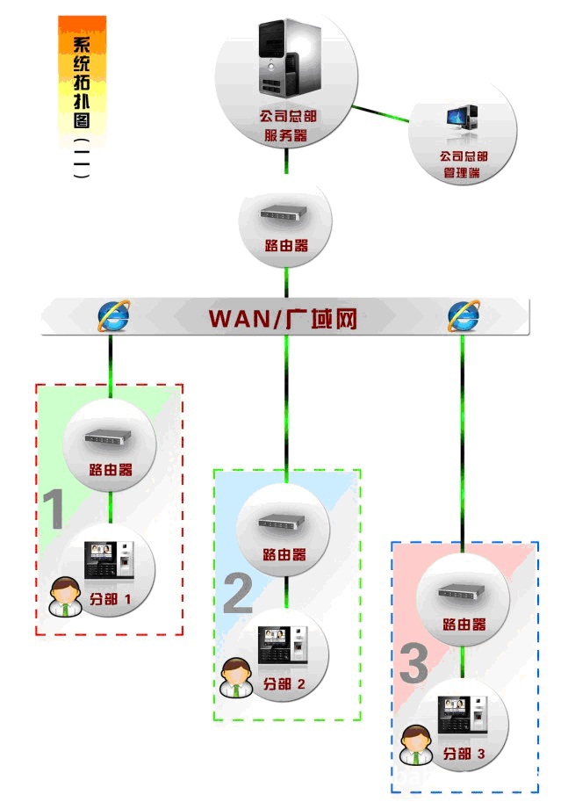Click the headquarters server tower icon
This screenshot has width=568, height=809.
pyautogui.click(x=290, y=58)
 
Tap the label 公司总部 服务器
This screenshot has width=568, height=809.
pyautogui.click(x=287, y=126)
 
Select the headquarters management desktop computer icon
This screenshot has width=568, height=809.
pyautogui.click(x=463, y=117)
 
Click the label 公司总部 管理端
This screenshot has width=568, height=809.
pyautogui.click(x=463, y=164)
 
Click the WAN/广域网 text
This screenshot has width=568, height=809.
pyautogui.click(x=283, y=318)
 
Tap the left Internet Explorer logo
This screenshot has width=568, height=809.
pyautogui.click(x=114, y=315)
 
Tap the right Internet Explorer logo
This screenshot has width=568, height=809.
pyautogui.click(x=464, y=315)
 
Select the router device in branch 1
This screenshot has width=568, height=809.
pyautogui.click(x=108, y=437)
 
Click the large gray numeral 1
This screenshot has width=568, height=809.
pyautogui.click(x=54, y=509)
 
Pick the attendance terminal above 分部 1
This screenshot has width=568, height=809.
pyautogui.click(x=109, y=560)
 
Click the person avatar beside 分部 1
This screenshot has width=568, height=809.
pyautogui.click(x=65, y=597)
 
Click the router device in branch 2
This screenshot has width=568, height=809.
pyautogui.click(x=282, y=522)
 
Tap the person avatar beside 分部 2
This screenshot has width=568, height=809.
pyautogui.click(x=236, y=677)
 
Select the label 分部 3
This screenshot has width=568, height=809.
pyautogui.click(x=464, y=754)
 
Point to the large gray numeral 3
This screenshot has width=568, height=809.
pyautogui.click(x=413, y=663)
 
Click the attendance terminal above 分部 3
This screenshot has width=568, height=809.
pyautogui.click(x=463, y=715)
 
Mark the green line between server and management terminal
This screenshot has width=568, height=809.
pyautogui.click(x=380, y=114)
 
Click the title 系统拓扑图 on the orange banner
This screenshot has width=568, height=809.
pyautogui.click(x=82, y=82)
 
